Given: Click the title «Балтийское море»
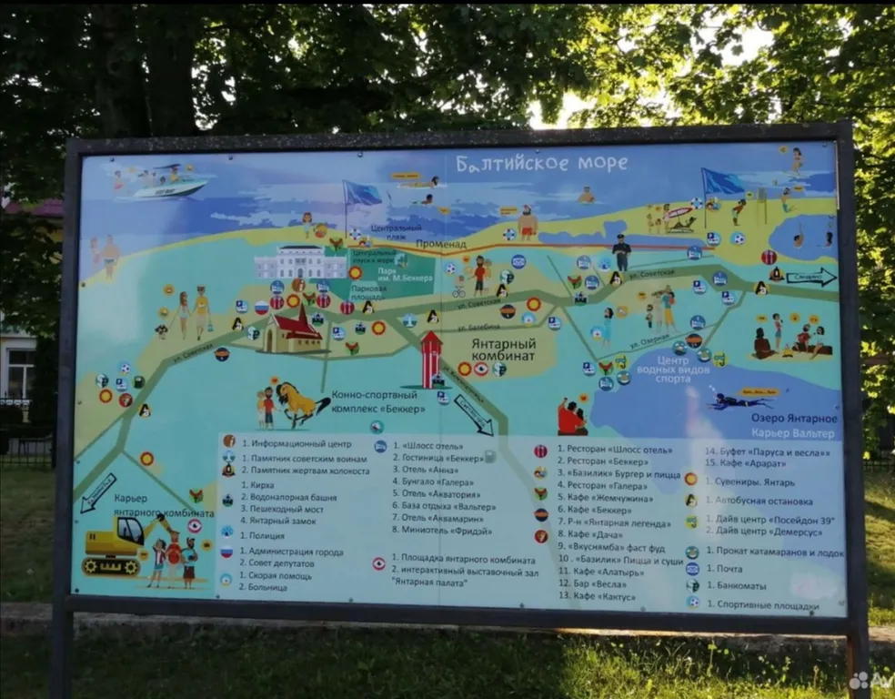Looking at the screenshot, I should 541,164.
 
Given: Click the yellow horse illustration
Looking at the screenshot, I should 299,403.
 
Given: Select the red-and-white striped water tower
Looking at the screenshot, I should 430,358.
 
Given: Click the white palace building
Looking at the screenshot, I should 300,262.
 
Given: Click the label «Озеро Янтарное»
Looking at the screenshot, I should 794,419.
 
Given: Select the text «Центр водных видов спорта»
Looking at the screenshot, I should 690,371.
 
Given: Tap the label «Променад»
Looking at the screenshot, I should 441,245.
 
